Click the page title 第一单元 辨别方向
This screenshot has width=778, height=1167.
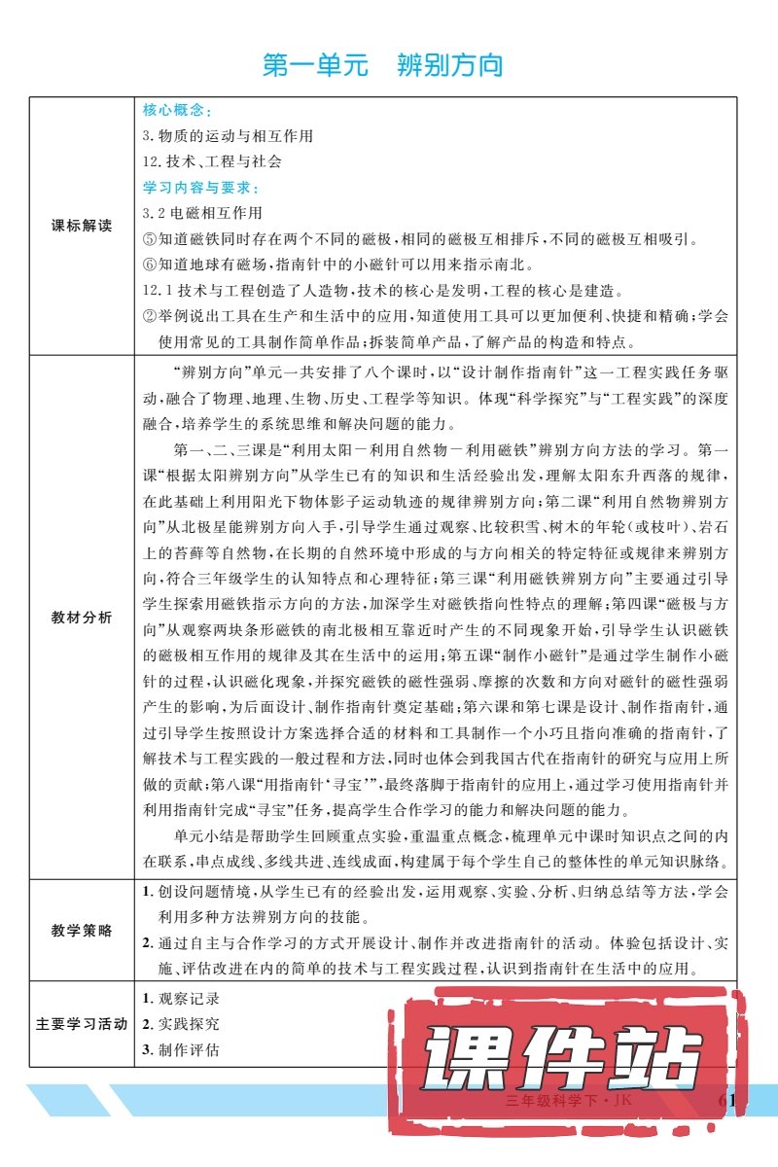(383, 66)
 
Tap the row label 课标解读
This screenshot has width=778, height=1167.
(82, 226)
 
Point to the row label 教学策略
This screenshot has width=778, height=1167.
(82, 931)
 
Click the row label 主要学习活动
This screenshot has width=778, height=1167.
(82, 1024)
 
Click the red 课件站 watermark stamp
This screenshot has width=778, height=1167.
(564, 1057)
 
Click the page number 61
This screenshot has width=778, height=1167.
(728, 1100)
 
